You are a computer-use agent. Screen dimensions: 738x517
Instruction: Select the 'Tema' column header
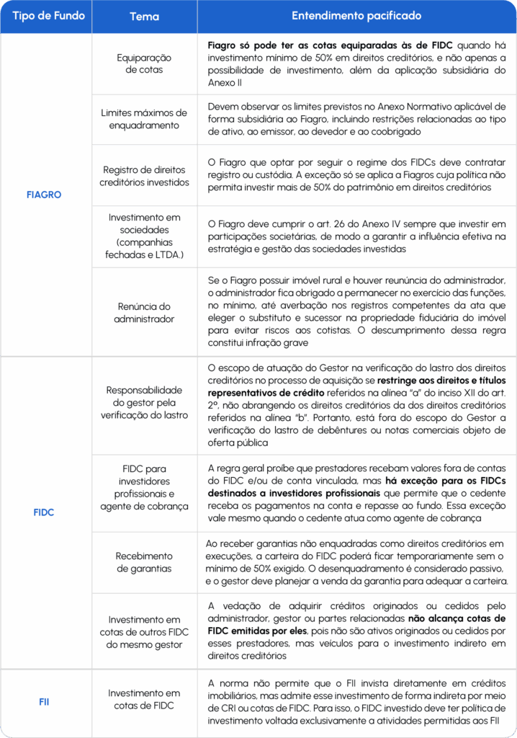[144, 16]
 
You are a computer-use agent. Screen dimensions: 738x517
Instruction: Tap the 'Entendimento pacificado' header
[356, 15]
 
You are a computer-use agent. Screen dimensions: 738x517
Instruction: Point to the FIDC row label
[44, 512]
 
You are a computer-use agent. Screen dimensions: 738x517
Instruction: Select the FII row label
[44, 701]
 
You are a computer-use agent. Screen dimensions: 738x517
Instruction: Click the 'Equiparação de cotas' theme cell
[144, 63]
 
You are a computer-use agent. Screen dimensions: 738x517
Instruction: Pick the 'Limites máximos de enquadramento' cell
[144, 119]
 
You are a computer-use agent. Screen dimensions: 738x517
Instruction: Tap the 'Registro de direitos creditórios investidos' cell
[144, 176]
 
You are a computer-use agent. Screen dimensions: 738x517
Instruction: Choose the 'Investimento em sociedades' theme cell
[144, 236]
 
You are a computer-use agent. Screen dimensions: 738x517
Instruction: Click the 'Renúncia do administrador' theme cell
[144, 311]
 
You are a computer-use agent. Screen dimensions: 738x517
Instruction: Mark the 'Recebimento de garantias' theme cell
[144, 562]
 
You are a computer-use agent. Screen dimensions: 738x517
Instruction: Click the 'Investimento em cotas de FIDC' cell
[144, 699]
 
